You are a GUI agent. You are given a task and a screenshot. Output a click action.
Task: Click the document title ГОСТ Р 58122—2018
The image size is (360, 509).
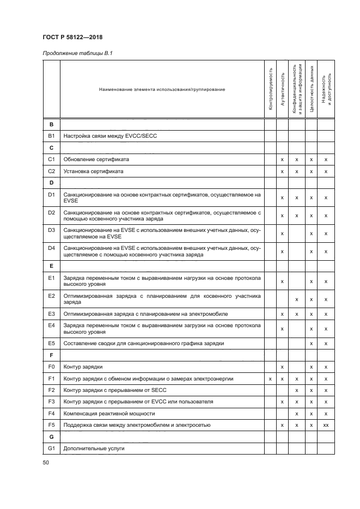(72, 37)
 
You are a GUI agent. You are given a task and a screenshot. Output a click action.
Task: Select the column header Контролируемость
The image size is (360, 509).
(270, 90)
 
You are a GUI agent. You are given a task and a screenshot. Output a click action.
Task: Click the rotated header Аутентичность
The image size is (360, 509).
(282, 90)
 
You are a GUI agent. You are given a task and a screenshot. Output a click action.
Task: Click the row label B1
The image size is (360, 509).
(52, 136)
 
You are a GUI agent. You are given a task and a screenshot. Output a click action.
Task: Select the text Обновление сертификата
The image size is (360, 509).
(96, 160)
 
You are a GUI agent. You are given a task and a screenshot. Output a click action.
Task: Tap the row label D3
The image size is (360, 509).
(52, 233)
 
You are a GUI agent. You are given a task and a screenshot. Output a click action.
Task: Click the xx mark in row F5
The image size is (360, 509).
(326, 425)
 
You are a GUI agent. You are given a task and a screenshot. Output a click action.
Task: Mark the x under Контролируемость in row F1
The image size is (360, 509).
(270, 378)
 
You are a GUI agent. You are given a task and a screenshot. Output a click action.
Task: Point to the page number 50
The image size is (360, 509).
(45, 462)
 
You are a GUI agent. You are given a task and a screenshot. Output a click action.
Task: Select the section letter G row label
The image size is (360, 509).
(51, 437)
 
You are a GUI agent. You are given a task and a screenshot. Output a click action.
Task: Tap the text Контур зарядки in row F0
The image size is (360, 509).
(83, 366)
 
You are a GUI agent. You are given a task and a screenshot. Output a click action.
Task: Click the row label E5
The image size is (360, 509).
(52, 343)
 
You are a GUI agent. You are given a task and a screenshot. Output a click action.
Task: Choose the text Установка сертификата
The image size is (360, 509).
(93, 171)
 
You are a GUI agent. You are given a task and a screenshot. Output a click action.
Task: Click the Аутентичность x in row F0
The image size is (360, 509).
(282, 367)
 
